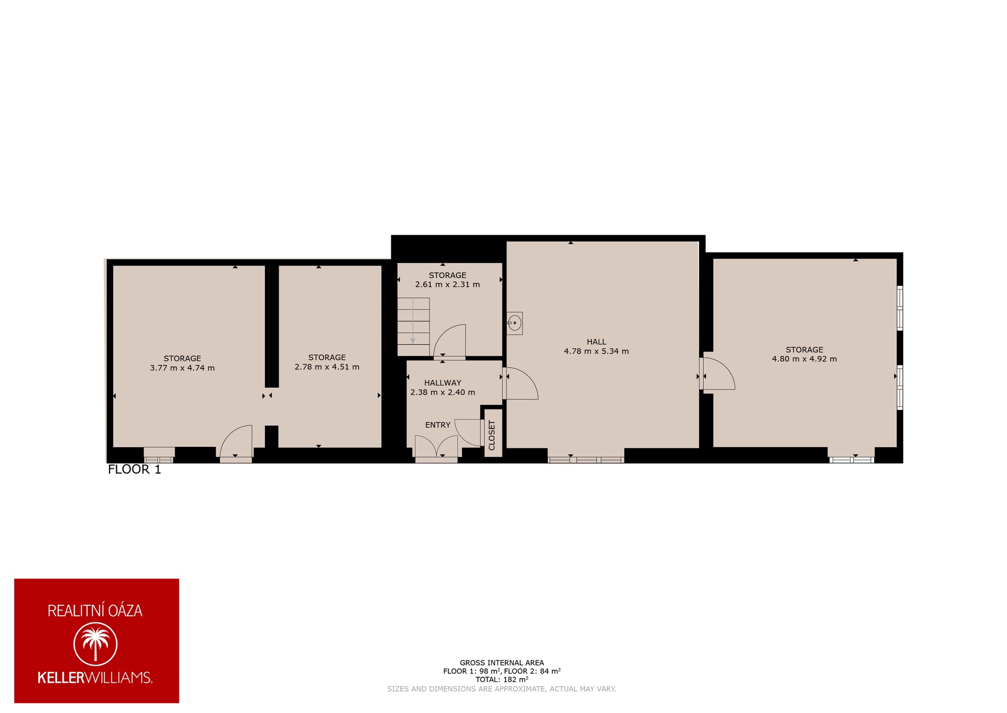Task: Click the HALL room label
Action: tap(596, 342)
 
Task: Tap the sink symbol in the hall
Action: tap(515, 323)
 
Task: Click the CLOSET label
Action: tap(492, 435)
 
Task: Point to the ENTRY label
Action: tap(438, 425)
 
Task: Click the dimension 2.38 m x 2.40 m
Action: tap(443, 392)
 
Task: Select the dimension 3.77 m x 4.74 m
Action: tap(183, 368)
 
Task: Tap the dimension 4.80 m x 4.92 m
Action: tap(805, 359)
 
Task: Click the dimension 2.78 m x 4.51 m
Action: tap(327, 367)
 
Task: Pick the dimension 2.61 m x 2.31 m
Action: tap(447, 285)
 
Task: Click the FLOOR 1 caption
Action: tap(134, 469)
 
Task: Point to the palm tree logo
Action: tap(95, 644)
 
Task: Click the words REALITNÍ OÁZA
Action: tap(95, 611)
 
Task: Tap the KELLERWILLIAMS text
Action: tap(95, 677)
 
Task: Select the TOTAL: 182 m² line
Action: tap(502, 679)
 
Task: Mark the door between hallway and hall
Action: tap(520, 383)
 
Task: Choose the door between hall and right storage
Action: tap(717, 374)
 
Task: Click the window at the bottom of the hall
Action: tap(586, 459)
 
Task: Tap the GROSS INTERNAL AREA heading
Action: tap(502, 663)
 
